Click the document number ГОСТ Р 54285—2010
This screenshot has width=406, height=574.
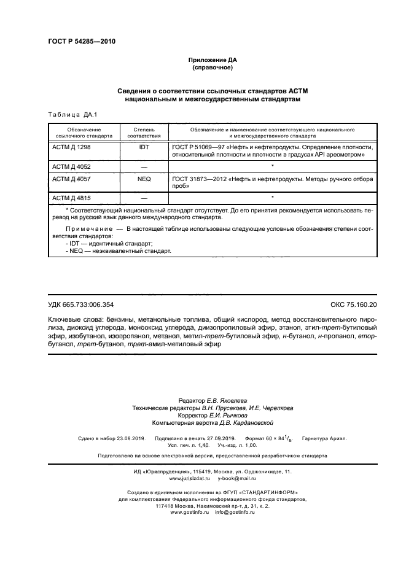81,42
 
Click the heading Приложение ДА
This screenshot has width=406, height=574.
211,60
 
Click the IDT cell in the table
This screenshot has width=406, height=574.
144,148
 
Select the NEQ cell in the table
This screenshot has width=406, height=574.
144,179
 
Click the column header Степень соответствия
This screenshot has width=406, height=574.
144,133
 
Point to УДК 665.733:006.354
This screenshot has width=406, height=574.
80,305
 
